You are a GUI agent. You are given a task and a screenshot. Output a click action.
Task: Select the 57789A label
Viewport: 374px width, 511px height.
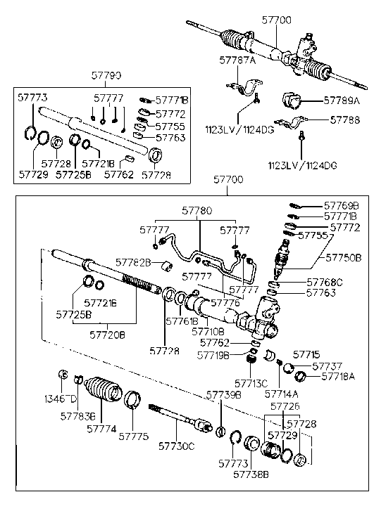(x=342, y=101)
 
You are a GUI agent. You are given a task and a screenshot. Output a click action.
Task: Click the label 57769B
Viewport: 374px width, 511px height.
(x=342, y=206)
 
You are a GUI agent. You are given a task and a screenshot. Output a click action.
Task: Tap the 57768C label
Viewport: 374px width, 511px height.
(x=324, y=282)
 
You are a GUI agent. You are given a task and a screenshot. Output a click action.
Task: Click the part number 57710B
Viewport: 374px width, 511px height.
(x=209, y=330)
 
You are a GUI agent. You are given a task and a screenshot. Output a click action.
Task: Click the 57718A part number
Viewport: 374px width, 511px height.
(x=339, y=377)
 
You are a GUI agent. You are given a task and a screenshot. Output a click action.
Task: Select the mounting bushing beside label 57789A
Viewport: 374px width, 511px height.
(x=292, y=101)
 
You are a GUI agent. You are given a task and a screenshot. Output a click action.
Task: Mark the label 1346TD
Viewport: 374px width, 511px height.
(x=60, y=399)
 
